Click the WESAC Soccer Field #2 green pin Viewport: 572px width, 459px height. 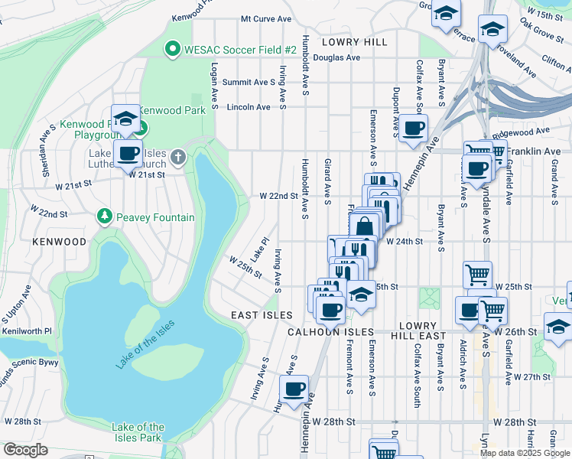[172, 50]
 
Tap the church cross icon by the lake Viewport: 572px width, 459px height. [178, 158]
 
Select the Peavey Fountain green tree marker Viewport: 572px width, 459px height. [105, 217]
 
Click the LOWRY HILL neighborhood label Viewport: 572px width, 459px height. [354, 41]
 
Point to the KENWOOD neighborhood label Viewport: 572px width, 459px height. [60, 242]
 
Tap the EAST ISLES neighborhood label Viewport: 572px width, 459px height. [262, 315]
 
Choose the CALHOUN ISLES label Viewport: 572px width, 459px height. [330, 332]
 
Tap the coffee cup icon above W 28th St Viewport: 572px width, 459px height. [294, 389]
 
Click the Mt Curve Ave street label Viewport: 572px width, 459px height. [266, 18]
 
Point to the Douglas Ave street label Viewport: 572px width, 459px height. [336, 57]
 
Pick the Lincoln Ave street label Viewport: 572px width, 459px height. [249, 107]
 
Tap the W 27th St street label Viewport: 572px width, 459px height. [532, 377]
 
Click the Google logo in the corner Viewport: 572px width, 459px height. [25, 450]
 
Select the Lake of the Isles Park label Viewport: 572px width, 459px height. [138, 432]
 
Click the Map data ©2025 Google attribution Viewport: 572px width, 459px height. [525, 453]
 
